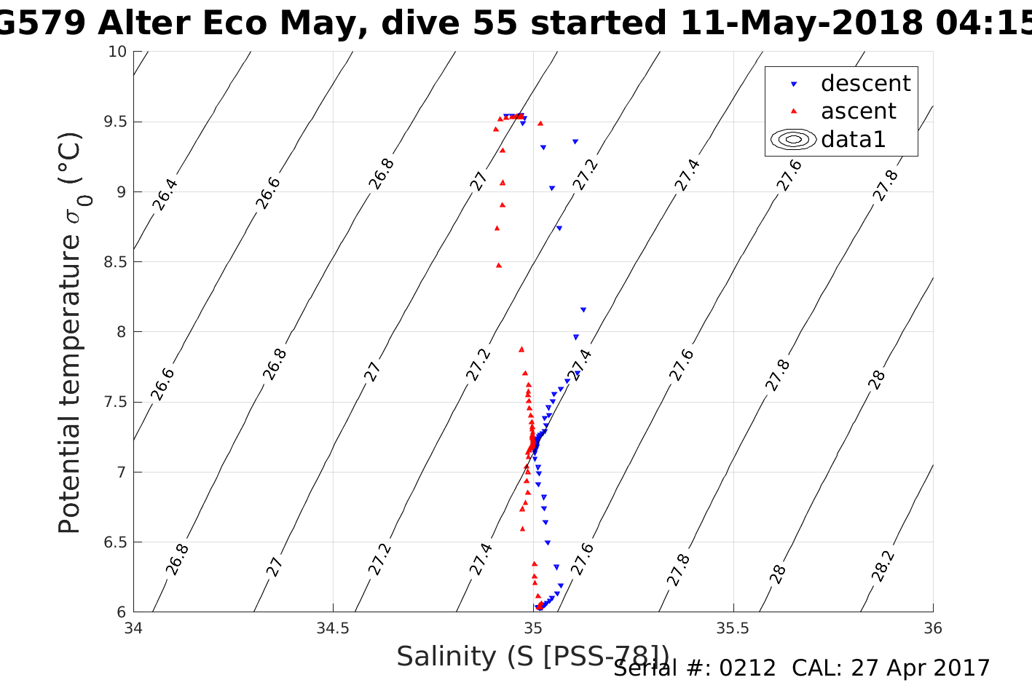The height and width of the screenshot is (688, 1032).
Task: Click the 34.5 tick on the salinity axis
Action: (x=333, y=628)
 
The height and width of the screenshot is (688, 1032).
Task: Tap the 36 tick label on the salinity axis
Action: (x=932, y=628)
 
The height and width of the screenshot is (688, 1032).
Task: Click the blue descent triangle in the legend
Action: (x=794, y=84)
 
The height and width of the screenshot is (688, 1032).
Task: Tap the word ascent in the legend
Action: (x=859, y=111)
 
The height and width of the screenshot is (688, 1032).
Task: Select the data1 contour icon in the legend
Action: (x=794, y=139)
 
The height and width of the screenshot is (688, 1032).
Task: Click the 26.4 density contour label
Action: (x=165, y=194)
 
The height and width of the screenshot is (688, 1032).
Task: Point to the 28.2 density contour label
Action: (x=882, y=566)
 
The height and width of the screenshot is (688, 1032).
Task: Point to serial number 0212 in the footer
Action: (x=747, y=668)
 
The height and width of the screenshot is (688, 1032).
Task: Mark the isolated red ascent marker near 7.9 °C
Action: (x=521, y=349)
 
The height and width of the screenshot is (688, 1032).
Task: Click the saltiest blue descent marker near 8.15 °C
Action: (x=583, y=310)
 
